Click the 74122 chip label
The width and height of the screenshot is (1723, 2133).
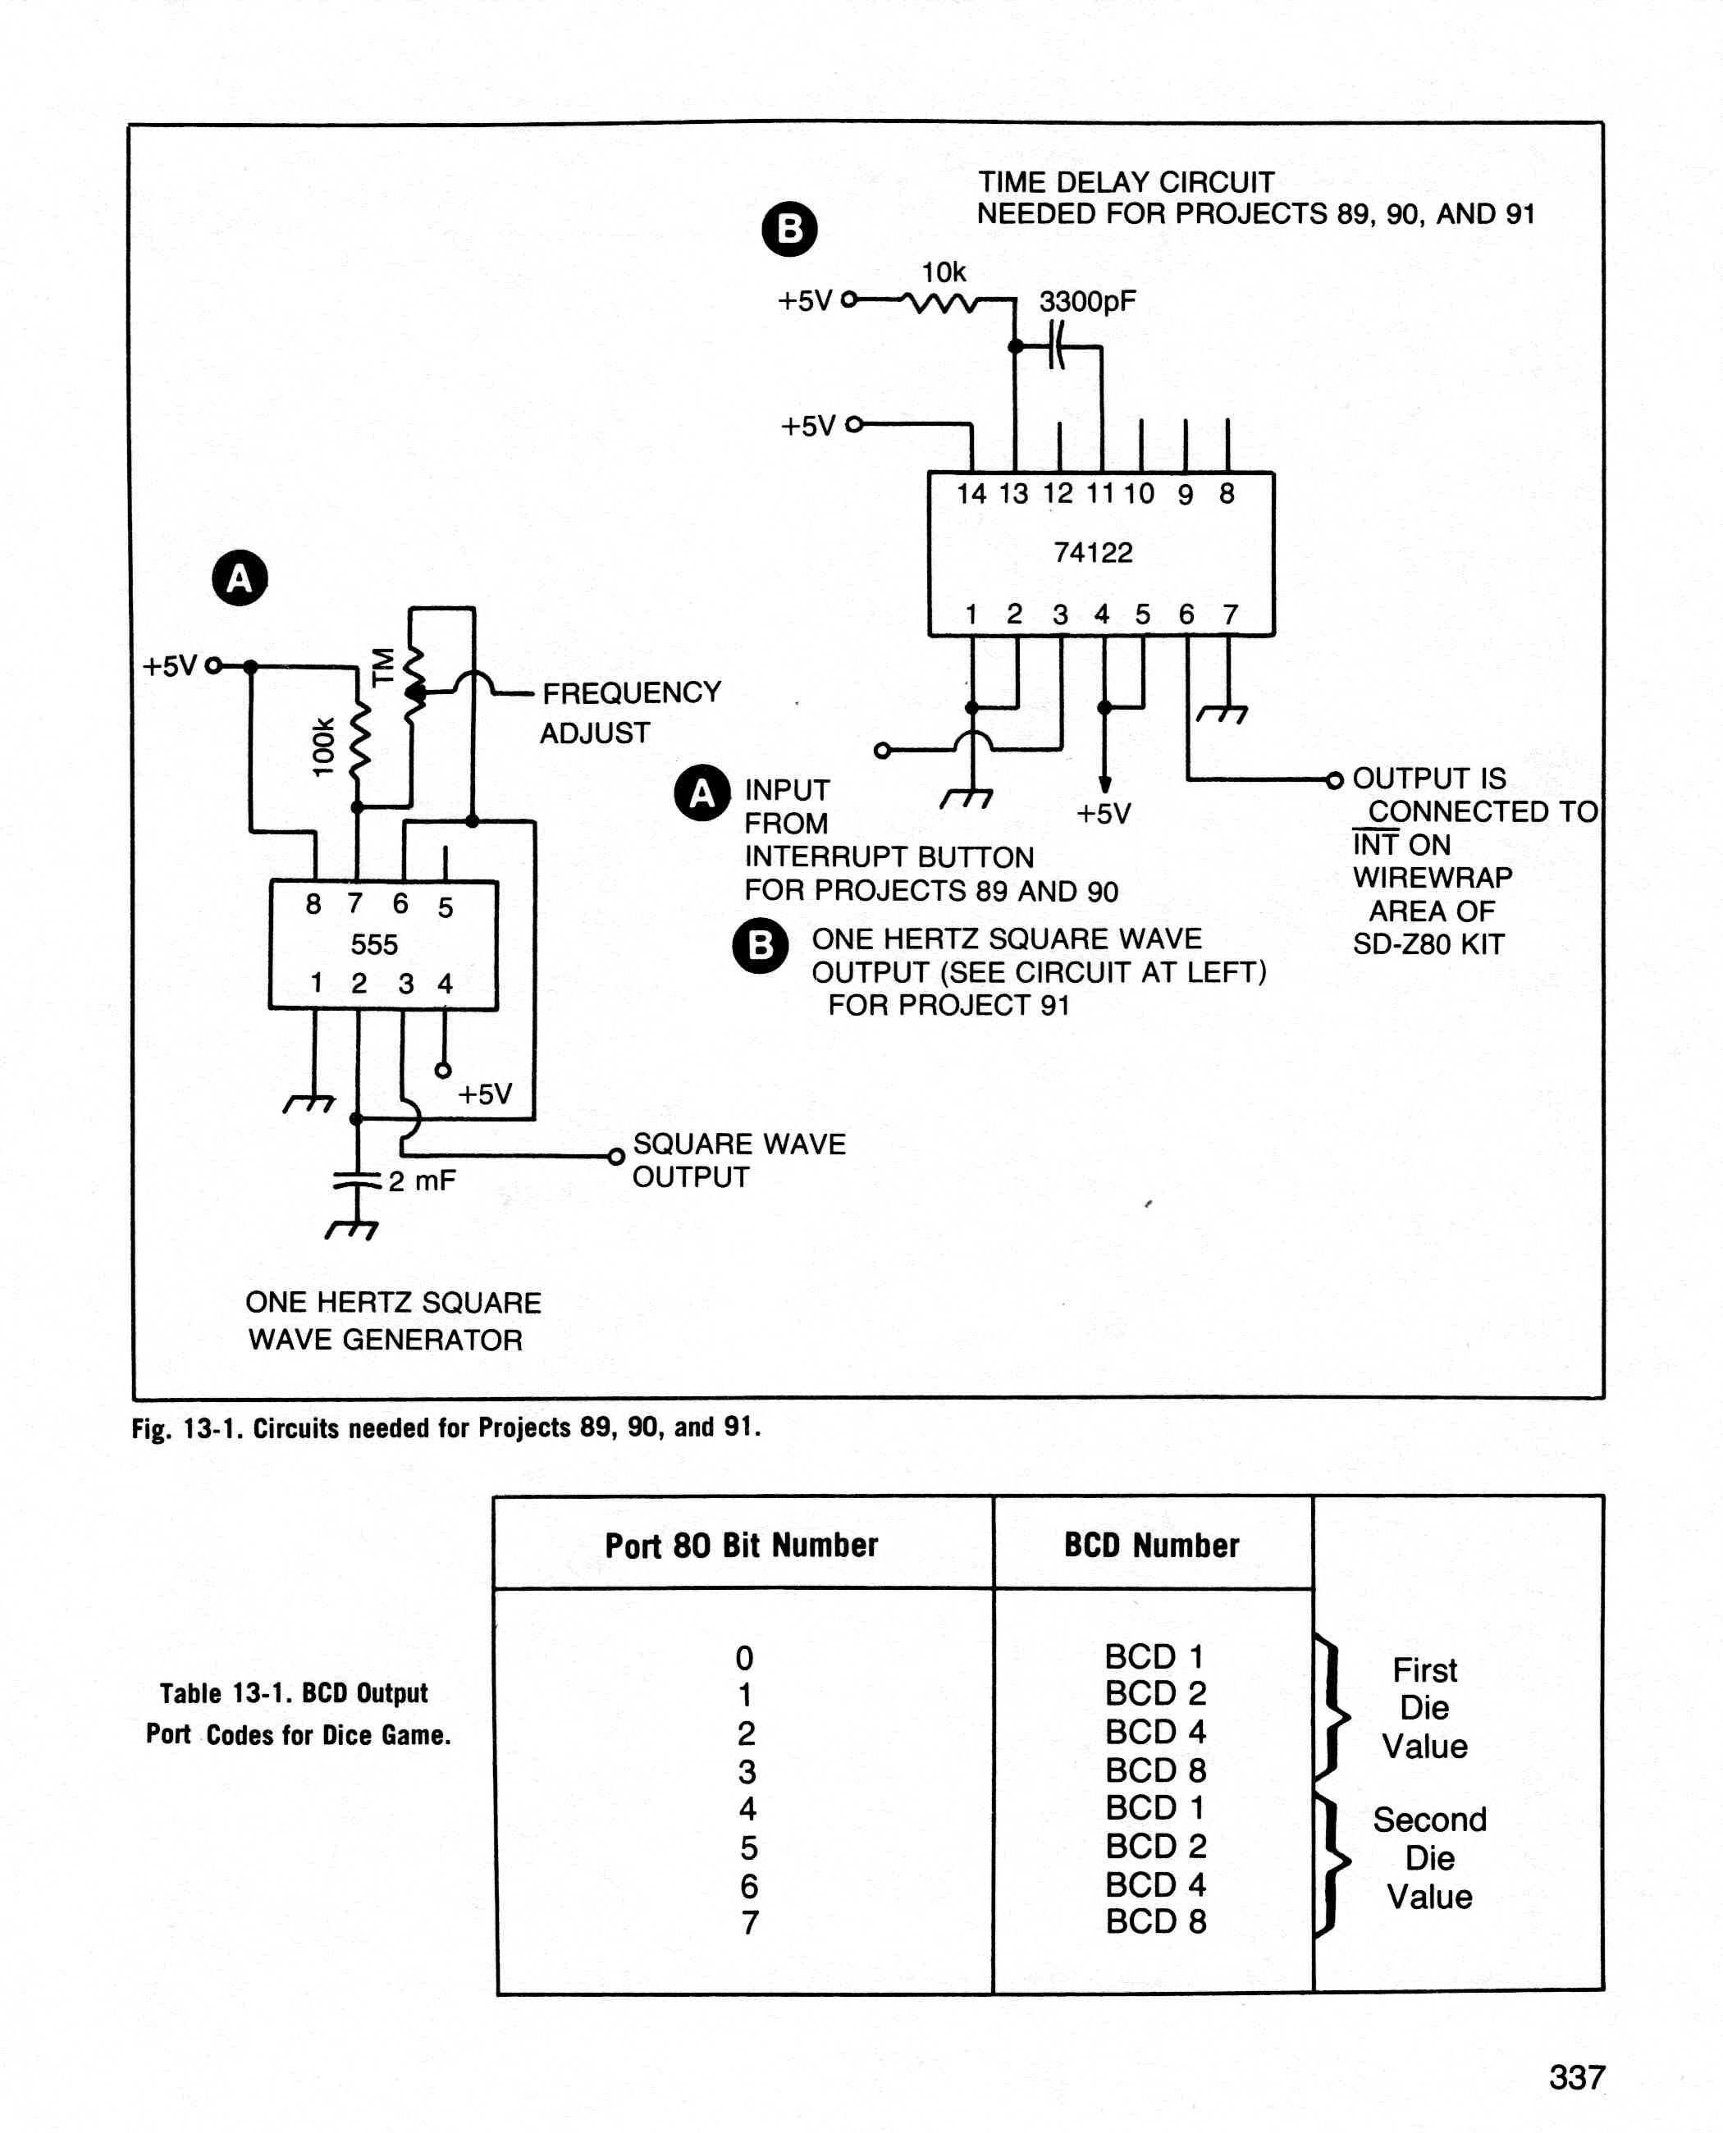[1093, 553]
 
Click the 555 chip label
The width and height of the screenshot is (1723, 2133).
[374, 944]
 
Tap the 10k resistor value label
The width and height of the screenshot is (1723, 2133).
[943, 272]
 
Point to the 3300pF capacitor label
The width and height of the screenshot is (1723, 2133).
[1087, 302]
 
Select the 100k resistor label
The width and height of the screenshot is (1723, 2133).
[323, 747]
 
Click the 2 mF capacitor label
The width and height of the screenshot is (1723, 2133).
[422, 1181]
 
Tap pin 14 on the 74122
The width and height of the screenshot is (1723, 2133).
[971, 493]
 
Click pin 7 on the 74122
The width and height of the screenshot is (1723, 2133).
[1231, 614]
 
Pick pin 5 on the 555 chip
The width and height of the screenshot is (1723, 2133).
[446, 907]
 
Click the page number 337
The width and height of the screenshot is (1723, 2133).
[1577, 2076]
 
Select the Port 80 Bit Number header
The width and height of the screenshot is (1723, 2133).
[742, 1546]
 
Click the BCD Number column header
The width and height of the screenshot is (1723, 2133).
[1151, 1546]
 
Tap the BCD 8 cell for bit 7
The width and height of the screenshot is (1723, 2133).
[1156, 1921]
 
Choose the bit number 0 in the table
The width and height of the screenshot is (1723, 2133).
[744, 1659]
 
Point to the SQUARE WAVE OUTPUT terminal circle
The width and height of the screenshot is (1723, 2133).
[615, 1156]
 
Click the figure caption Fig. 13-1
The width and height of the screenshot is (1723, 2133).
[446, 1427]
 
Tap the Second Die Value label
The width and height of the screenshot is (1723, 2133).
[1429, 1858]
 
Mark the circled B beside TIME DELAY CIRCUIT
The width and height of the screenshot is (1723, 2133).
[789, 229]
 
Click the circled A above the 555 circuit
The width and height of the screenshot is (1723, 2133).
[240, 578]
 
